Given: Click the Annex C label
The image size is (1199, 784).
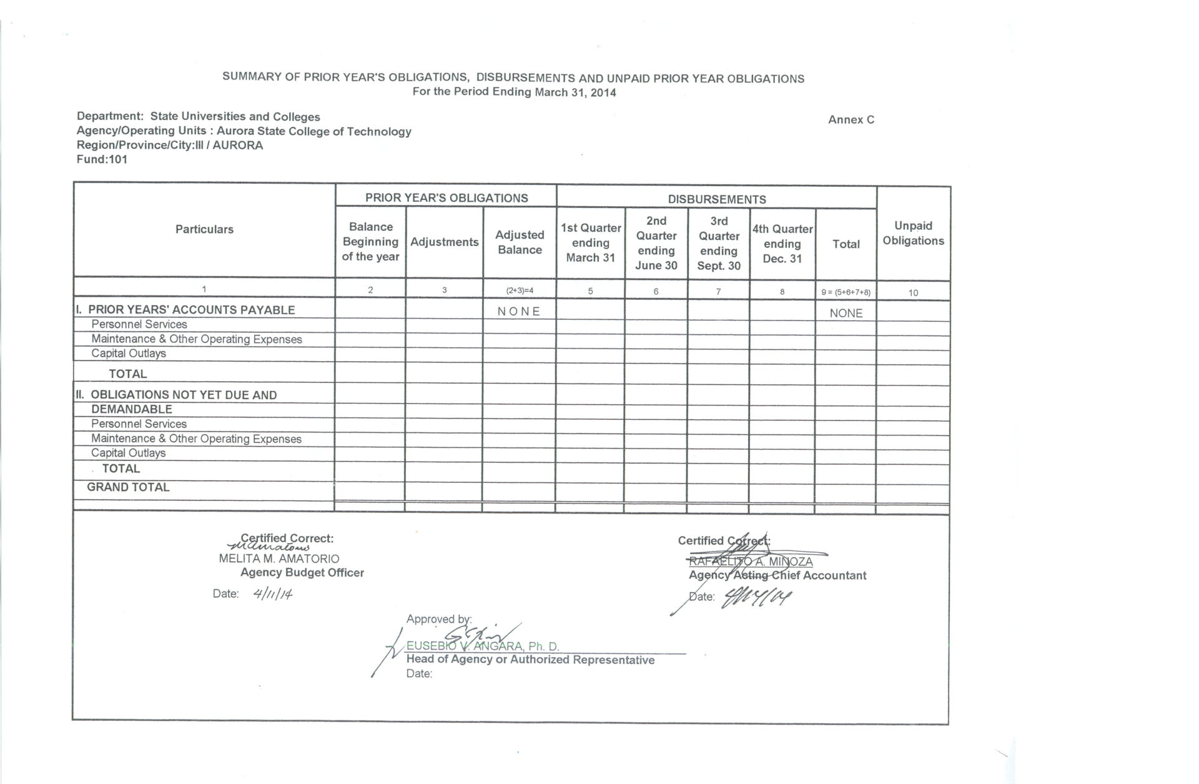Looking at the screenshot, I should [x=851, y=120].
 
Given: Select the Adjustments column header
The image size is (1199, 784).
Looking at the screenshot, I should [x=445, y=242].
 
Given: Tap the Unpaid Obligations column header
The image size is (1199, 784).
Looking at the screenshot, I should [x=913, y=233].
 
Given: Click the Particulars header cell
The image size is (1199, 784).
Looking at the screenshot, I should [x=204, y=229].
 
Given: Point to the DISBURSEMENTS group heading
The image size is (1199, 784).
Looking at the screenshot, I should [x=717, y=199].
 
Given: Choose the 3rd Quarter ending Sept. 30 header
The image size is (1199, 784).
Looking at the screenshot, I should [x=719, y=244].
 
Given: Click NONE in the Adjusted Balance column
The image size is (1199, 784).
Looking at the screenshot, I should [x=519, y=311].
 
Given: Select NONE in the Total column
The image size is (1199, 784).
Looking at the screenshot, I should [x=846, y=313].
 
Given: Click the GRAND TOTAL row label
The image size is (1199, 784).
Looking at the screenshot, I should [x=128, y=487].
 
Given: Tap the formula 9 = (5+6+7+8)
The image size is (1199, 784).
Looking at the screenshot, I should [x=846, y=292].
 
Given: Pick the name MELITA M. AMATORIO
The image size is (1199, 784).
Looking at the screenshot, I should [x=279, y=558].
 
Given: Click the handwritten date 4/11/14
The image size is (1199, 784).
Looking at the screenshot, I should [x=273, y=593].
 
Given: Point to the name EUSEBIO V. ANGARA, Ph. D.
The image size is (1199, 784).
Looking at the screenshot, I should [x=483, y=647].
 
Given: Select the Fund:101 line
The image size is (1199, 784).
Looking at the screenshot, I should [x=102, y=159].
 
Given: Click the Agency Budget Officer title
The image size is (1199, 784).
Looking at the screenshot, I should [x=302, y=572].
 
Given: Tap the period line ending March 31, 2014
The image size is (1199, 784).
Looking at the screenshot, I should [x=514, y=92].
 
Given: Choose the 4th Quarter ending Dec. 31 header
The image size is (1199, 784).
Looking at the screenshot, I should [x=782, y=244].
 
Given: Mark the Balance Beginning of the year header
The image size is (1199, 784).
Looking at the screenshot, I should [x=370, y=242].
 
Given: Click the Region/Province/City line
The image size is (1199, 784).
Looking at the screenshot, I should [x=170, y=145].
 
